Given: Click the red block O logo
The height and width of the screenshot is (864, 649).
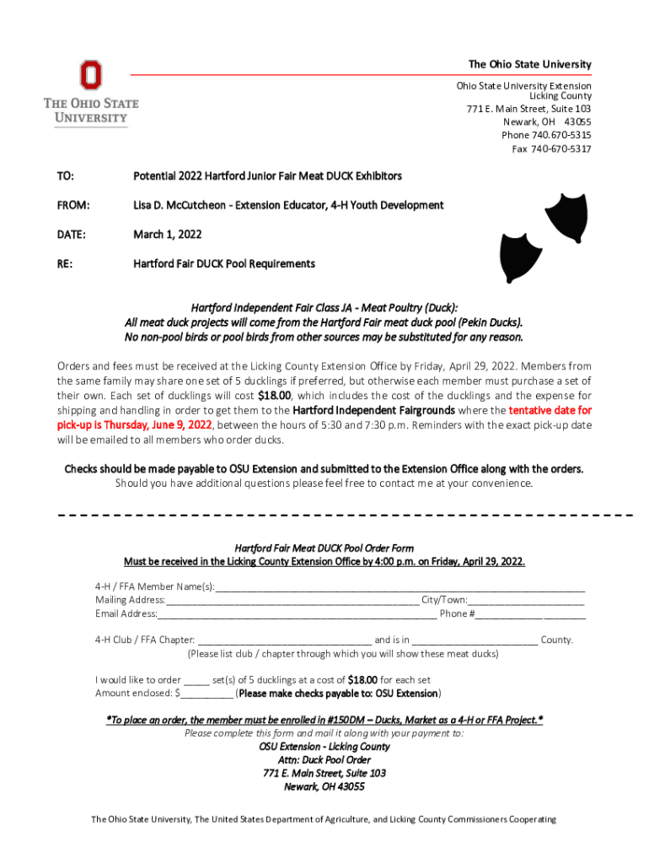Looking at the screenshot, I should [x=90, y=75].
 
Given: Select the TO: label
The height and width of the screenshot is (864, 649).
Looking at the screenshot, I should [x=65, y=176].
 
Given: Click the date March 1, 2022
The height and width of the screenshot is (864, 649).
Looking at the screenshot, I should [x=167, y=234].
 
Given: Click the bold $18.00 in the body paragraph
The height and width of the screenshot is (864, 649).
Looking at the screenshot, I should [x=275, y=395].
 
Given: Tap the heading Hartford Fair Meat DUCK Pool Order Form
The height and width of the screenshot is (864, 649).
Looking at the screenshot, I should [x=324, y=548].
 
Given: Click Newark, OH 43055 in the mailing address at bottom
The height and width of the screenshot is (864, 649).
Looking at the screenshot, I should [x=324, y=786].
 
